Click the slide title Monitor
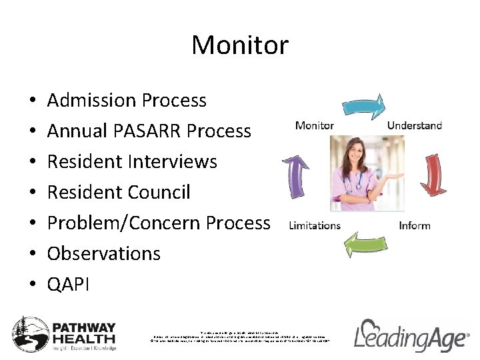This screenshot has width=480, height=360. click(240, 45)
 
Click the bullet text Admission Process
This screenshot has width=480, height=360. click(127, 101)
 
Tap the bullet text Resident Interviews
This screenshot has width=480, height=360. click(132, 162)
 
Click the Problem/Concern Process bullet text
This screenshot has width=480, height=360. click(159, 223)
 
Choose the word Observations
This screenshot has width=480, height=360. click(104, 254)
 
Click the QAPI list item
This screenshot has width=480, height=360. click(68, 285)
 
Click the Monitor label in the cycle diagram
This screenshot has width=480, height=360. click(314, 125)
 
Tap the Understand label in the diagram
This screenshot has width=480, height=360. click(414, 125)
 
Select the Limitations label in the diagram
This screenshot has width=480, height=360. click(314, 225)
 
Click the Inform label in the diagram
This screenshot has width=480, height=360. click(414, 225)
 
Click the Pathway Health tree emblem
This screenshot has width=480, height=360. click(29, 333)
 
